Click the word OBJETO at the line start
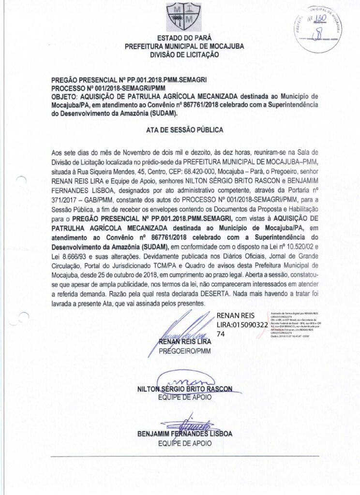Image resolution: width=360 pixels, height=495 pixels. coord(64,97)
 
